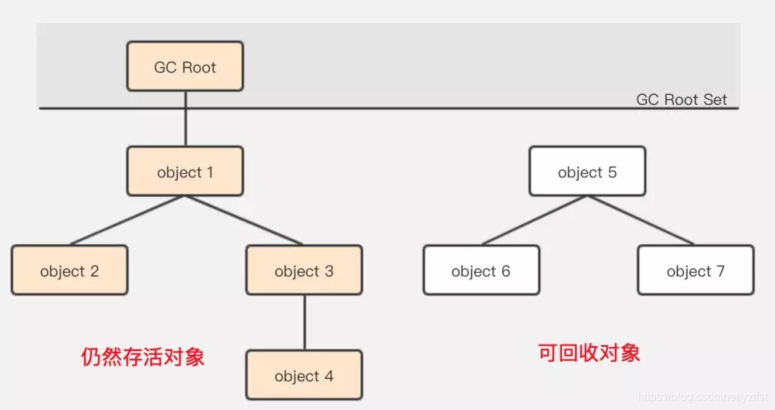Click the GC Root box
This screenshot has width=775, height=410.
tap(184, 66)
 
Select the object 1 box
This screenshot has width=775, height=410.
tap(184, 171)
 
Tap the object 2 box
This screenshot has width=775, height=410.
tap(70, 270)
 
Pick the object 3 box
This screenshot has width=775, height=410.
tap(304, 270)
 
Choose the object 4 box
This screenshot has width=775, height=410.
tap(304, 375)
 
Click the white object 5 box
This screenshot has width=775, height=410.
tap(587, 171)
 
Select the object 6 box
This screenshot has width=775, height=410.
tap(481, 270)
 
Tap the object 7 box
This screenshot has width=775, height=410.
tap(695, 270)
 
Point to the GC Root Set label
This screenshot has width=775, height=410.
tap(681, 99)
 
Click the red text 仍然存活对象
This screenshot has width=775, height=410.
tap(143, 357)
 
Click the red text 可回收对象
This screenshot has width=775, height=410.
tap(588, 353)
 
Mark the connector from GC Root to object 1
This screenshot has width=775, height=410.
tap(185, 118)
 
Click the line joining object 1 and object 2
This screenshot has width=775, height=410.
tap(128, 220)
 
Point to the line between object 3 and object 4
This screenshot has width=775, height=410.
tap(304, 322)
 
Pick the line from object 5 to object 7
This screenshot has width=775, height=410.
tap(640, 220)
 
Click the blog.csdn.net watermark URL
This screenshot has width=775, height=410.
tap(703, 396)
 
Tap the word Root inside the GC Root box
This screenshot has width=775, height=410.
tap(199, 67)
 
